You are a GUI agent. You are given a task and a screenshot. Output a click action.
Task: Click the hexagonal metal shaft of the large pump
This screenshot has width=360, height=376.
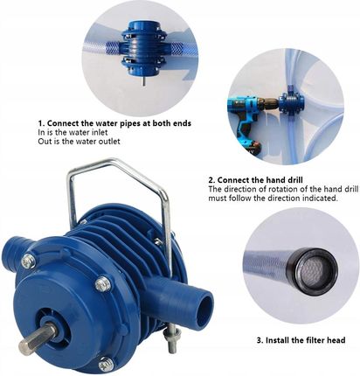click(x=38, y=338)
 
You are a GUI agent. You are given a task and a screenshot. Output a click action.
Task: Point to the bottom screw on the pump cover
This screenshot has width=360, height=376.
click(x=105, y=365)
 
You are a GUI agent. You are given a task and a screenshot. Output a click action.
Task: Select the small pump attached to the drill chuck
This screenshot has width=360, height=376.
click(x=291, y=102)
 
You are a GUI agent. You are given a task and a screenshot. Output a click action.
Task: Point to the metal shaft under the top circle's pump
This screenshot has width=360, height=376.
click(x=142, y=79)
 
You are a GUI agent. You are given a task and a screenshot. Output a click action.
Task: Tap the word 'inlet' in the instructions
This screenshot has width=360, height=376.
click(x=99, y=132)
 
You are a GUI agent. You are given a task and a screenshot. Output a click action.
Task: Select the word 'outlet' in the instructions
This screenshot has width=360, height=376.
click(x=108, y=142)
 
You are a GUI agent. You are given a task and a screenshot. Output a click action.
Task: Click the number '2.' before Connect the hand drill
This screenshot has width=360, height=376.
click(x=211, y=179)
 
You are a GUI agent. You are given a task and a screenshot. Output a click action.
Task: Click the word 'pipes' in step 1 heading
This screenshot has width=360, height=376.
click(x=131, y=124)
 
